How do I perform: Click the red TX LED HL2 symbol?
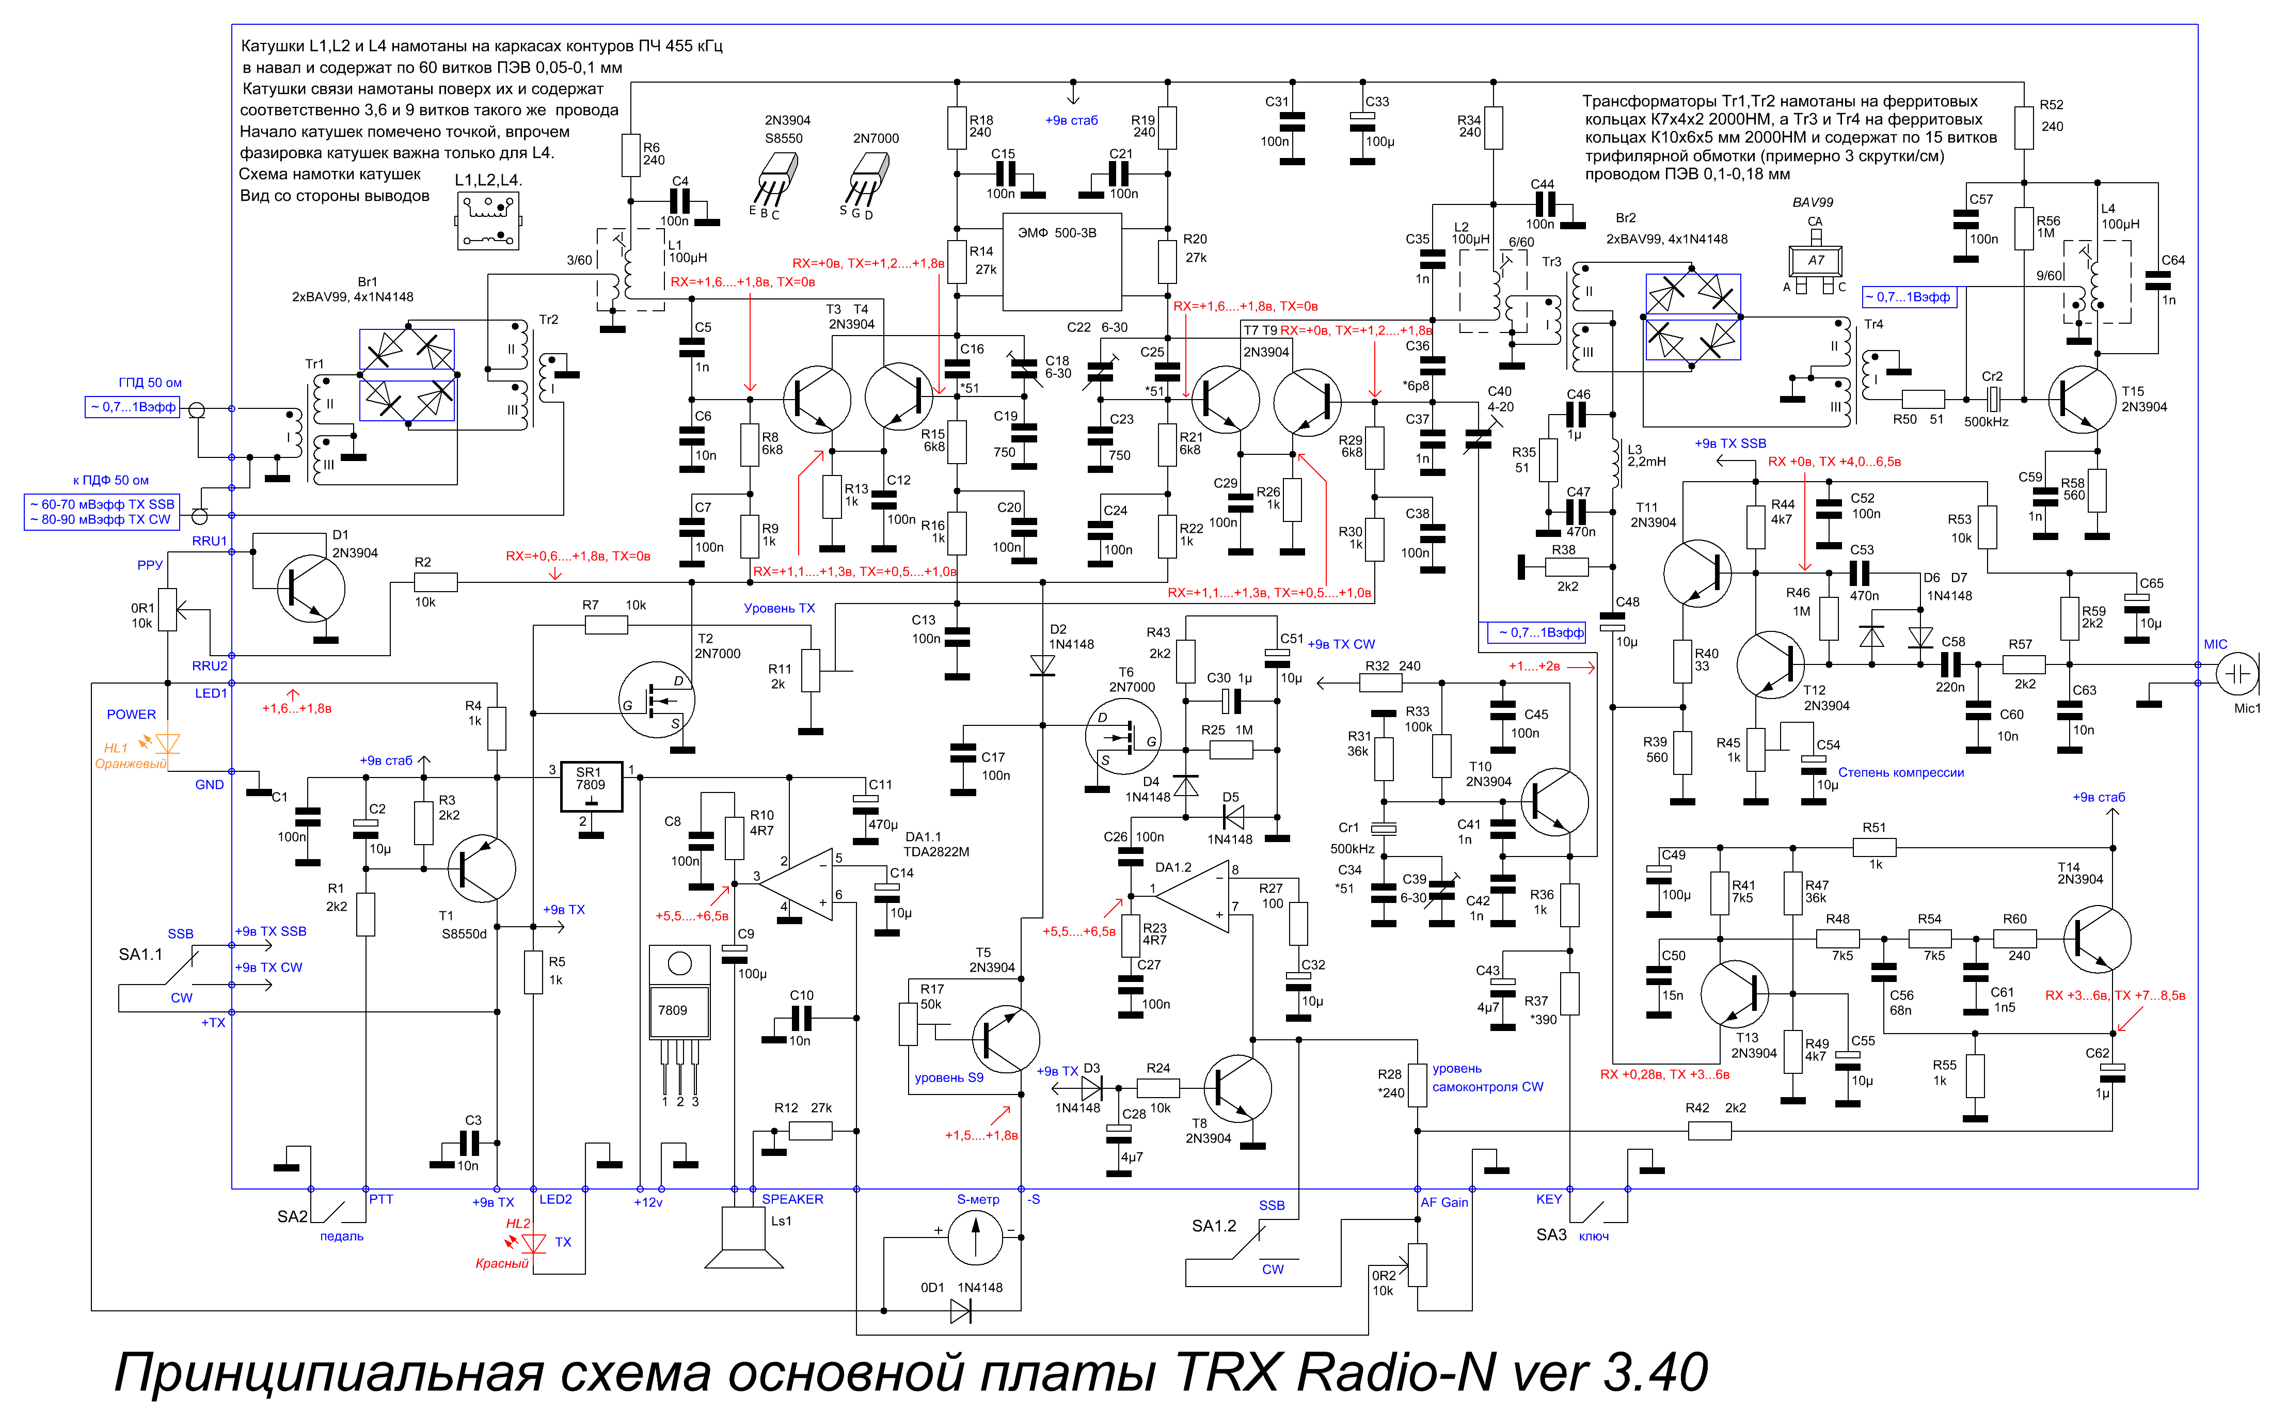pos(534,1244)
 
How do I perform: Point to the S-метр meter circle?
pos(975,1238)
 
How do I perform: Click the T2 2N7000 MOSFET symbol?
pos(657,700)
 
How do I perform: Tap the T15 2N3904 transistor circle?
pos(2082,400)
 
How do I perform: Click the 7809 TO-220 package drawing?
pos(679,1019)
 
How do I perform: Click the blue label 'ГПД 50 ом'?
pos(150,382)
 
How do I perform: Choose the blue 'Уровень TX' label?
pos(780,608)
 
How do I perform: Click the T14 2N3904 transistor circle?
pos(2098,939)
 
